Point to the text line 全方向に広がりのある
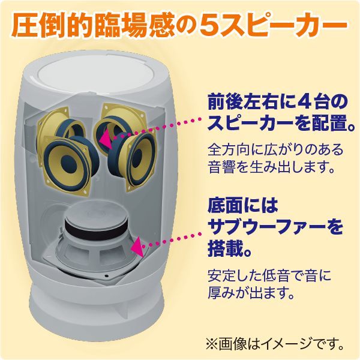click(x=275, y=149)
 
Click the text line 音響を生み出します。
click(x=271, y=167)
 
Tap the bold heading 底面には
click(x=242, y=205)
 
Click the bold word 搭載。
click(x=230, y=248)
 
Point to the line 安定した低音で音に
click(x=269, y=275)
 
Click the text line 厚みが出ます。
click(x=251, y=293)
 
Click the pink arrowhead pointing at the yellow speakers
click(x=106, y=139)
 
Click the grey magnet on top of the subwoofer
click(x=97, y=215)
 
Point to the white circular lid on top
click(x=96, y=74)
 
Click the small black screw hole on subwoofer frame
click(x=106, y=275)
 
